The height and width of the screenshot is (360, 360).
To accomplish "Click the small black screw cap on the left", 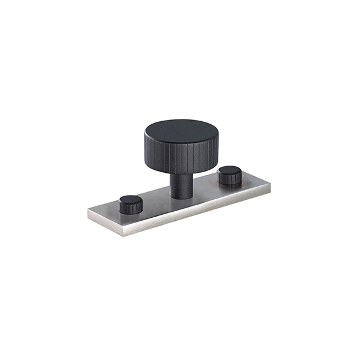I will pos(130,204).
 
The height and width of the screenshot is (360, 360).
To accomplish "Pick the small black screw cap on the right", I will pos(229,176).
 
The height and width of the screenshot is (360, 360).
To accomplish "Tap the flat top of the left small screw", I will pos(130,200).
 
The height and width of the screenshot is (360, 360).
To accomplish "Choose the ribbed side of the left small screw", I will pos(130,208).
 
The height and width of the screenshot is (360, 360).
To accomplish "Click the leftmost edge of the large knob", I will pos(144,144).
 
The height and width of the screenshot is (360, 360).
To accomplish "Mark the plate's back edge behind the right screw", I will pos(240,170).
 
